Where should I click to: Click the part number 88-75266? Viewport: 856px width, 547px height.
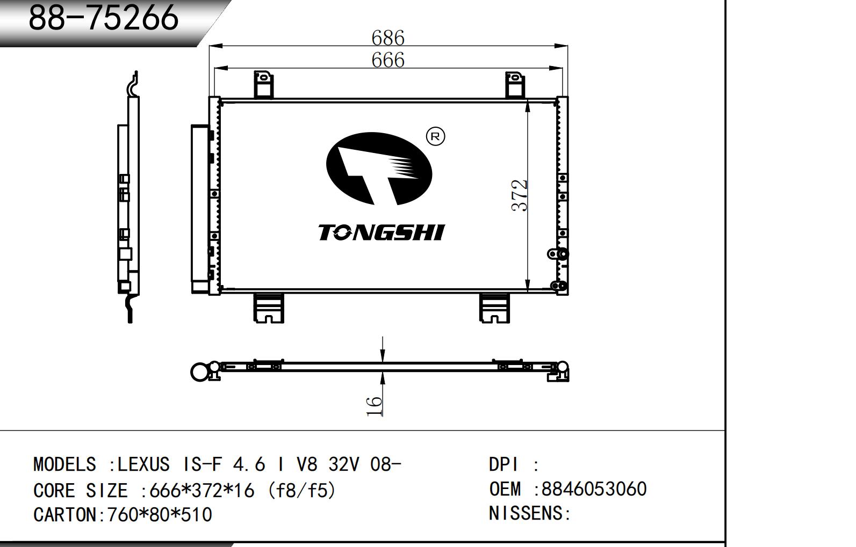[103, 17]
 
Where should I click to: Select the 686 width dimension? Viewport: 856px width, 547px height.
[388, 38]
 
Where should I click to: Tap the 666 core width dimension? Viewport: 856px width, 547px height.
[388, 60]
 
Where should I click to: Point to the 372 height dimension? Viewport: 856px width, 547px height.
[519, 195]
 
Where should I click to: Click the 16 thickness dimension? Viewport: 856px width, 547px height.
[374, 406]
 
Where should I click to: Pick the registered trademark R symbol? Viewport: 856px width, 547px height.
[435, 136]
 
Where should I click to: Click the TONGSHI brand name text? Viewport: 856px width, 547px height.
[382, 232]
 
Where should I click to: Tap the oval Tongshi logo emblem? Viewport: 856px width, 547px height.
[379, 169]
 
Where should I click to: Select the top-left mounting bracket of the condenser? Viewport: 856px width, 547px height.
[264, 84]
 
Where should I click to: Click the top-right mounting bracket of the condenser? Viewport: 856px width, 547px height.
[515, 84]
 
